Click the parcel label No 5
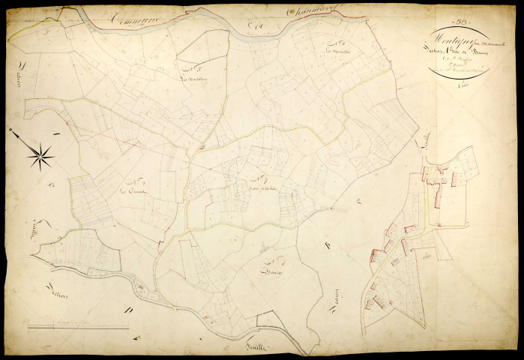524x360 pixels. (193, 67)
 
